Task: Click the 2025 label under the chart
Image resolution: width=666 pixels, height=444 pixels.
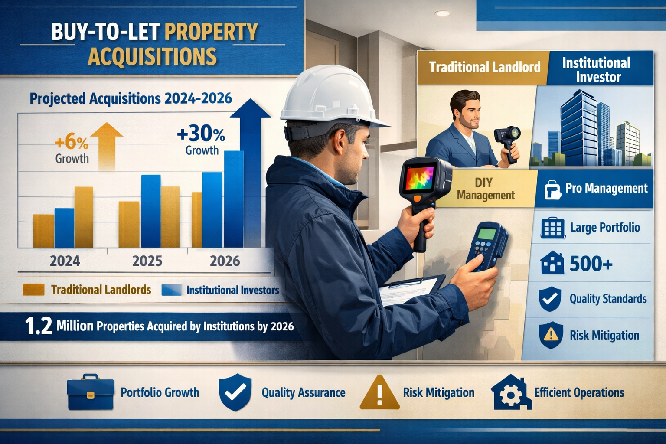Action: point(147,261)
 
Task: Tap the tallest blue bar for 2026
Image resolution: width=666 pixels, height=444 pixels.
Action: point(234,199)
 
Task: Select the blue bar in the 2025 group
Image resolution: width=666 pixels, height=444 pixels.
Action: point(151,211)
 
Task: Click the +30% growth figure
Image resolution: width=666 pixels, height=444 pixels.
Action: point(201,134)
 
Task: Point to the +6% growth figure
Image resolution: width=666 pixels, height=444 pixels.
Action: point(72,142)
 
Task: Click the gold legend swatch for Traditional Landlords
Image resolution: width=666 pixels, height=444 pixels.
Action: point(33,290)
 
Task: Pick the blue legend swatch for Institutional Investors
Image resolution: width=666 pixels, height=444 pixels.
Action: point(171,290)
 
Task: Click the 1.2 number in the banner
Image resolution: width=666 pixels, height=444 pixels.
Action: point(39,326)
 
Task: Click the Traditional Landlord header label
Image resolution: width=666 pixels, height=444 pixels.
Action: point(484,67)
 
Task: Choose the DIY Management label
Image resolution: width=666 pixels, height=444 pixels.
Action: point(486,189)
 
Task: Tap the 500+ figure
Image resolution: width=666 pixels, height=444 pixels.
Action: point(591,263)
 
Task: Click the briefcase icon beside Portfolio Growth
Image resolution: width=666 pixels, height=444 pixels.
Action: point(91,392)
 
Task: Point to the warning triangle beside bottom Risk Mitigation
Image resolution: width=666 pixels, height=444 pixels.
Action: point(379,393)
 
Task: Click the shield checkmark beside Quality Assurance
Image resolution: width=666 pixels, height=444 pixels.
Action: point(235,392)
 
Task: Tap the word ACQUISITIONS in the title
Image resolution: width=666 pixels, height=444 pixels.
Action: point(152,56)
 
